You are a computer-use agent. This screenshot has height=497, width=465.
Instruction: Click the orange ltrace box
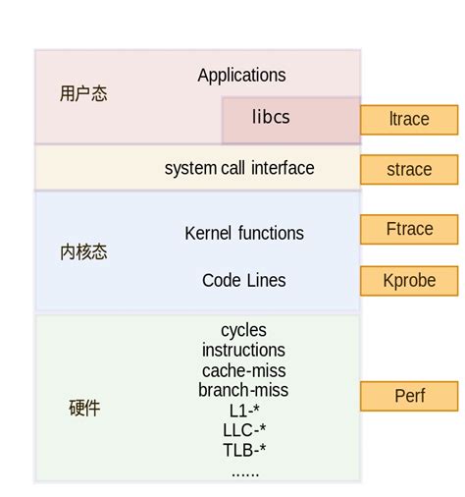coord(409,120)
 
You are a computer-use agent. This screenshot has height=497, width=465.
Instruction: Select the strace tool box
coord(409,170)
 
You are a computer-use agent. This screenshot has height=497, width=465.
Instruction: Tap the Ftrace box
coord(409,229)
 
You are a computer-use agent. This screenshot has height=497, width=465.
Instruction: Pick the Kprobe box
coord(409,280)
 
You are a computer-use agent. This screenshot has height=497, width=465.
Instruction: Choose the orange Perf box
coord(409,397)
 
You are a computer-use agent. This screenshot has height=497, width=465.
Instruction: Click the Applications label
coord(241,76)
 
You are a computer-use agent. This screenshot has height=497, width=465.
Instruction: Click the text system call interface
coord(239,169)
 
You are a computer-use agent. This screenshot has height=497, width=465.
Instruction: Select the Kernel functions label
coord(244,234)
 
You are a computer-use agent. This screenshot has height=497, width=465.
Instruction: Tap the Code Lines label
coord(244,281)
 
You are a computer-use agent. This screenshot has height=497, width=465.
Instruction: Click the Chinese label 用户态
coord(83,94)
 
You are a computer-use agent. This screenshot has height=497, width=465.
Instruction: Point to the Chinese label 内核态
coord(83,252)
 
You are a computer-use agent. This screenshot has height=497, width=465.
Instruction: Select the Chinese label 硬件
coord(84,408)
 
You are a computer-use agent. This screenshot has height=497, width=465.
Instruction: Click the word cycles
coord(243,331)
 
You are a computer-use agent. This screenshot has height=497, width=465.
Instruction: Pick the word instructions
coord(243,351)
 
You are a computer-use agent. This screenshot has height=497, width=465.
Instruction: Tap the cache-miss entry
coord(243,370)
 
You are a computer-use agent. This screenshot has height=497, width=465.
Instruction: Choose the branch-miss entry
coord(243,390)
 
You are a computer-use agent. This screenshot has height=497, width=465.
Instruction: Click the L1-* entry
coord(243,411)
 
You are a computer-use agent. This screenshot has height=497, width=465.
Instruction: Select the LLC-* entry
coord(243,430)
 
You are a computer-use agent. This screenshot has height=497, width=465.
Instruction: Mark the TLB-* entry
coord(243,451)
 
